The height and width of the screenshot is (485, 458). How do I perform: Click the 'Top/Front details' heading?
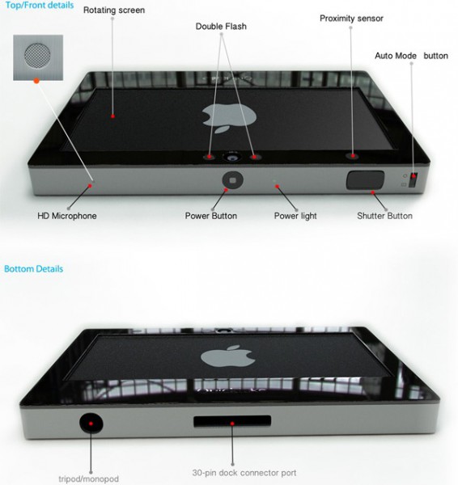point(40,6)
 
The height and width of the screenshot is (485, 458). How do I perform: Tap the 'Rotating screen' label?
point(114,11)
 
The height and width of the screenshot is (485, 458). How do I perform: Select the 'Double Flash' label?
point(221,27)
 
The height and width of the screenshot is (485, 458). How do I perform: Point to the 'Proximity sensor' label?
point(351,19)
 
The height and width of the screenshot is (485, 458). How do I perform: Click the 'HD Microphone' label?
point(67,216)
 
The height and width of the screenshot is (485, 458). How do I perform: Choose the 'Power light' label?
point(295,216)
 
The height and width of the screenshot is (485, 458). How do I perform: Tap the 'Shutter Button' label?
point(384,216)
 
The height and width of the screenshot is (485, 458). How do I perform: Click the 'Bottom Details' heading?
point(33,268)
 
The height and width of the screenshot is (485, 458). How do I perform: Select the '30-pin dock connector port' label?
point(244,473)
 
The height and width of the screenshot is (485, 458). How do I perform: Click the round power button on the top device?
point(232,180)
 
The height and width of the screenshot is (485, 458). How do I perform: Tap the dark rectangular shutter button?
point(365,179)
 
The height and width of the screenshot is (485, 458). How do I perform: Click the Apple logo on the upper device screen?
point(229,119)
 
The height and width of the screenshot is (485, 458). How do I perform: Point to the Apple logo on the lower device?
point(228,356)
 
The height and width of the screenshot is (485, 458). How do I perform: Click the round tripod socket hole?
point(91,423)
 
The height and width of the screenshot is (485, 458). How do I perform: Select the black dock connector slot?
point(232,421)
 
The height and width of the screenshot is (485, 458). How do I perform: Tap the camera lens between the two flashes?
point(231,157)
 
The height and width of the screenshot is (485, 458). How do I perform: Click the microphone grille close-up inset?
point(38,57)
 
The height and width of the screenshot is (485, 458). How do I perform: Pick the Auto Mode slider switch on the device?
point(413,180)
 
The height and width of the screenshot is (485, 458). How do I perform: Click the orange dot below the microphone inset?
point(36,81)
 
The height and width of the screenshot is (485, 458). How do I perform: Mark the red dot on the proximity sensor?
point(353,155)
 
